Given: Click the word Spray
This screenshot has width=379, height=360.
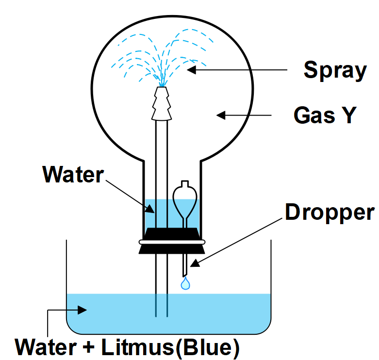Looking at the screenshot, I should click(334, 71).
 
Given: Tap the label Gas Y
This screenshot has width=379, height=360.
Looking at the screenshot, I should click(325, 115).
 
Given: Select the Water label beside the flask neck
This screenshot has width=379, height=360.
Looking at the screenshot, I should click(73, 174).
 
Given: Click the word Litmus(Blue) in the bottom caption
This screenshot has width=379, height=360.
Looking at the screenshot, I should click(170, 347).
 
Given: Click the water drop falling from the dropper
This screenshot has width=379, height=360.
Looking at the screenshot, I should click(185, 284).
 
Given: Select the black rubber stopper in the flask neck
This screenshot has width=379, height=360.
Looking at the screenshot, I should click(171, 241).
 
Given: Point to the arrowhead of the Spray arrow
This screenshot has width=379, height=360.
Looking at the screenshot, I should click(192, 70).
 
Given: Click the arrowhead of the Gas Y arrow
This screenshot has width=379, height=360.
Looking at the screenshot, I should click(221, 115).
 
